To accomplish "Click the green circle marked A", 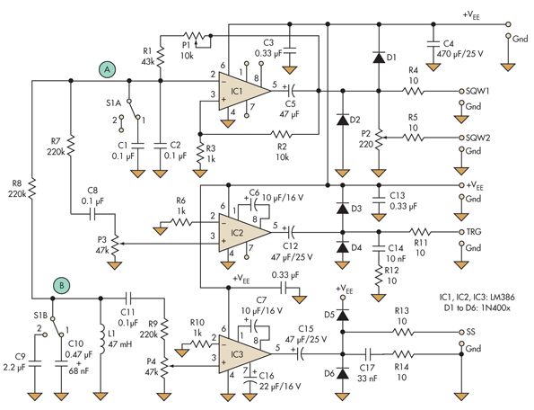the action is coord(108,70).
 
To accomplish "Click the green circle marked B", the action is coord(62,286).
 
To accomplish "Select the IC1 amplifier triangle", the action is coord(244,91).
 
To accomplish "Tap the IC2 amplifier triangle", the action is coord(244,233).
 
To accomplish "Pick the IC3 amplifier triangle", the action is coord(244,353).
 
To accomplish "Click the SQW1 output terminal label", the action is coord(477,91).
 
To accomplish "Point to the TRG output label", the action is coord(474,232).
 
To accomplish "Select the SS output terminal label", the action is coord(470,332).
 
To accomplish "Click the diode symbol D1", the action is coord(379,58).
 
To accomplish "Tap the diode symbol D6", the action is coord(343,374).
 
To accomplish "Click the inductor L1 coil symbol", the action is coord(101,340).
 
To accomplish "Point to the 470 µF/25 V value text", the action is coord(460,54).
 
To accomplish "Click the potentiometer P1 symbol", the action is coord(195,38).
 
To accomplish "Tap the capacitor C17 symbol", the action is coord(368,354).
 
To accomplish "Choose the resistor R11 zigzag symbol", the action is coord(420,232).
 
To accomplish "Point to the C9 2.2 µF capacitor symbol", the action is coord(35,364).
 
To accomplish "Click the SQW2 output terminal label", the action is coord(477,138).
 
